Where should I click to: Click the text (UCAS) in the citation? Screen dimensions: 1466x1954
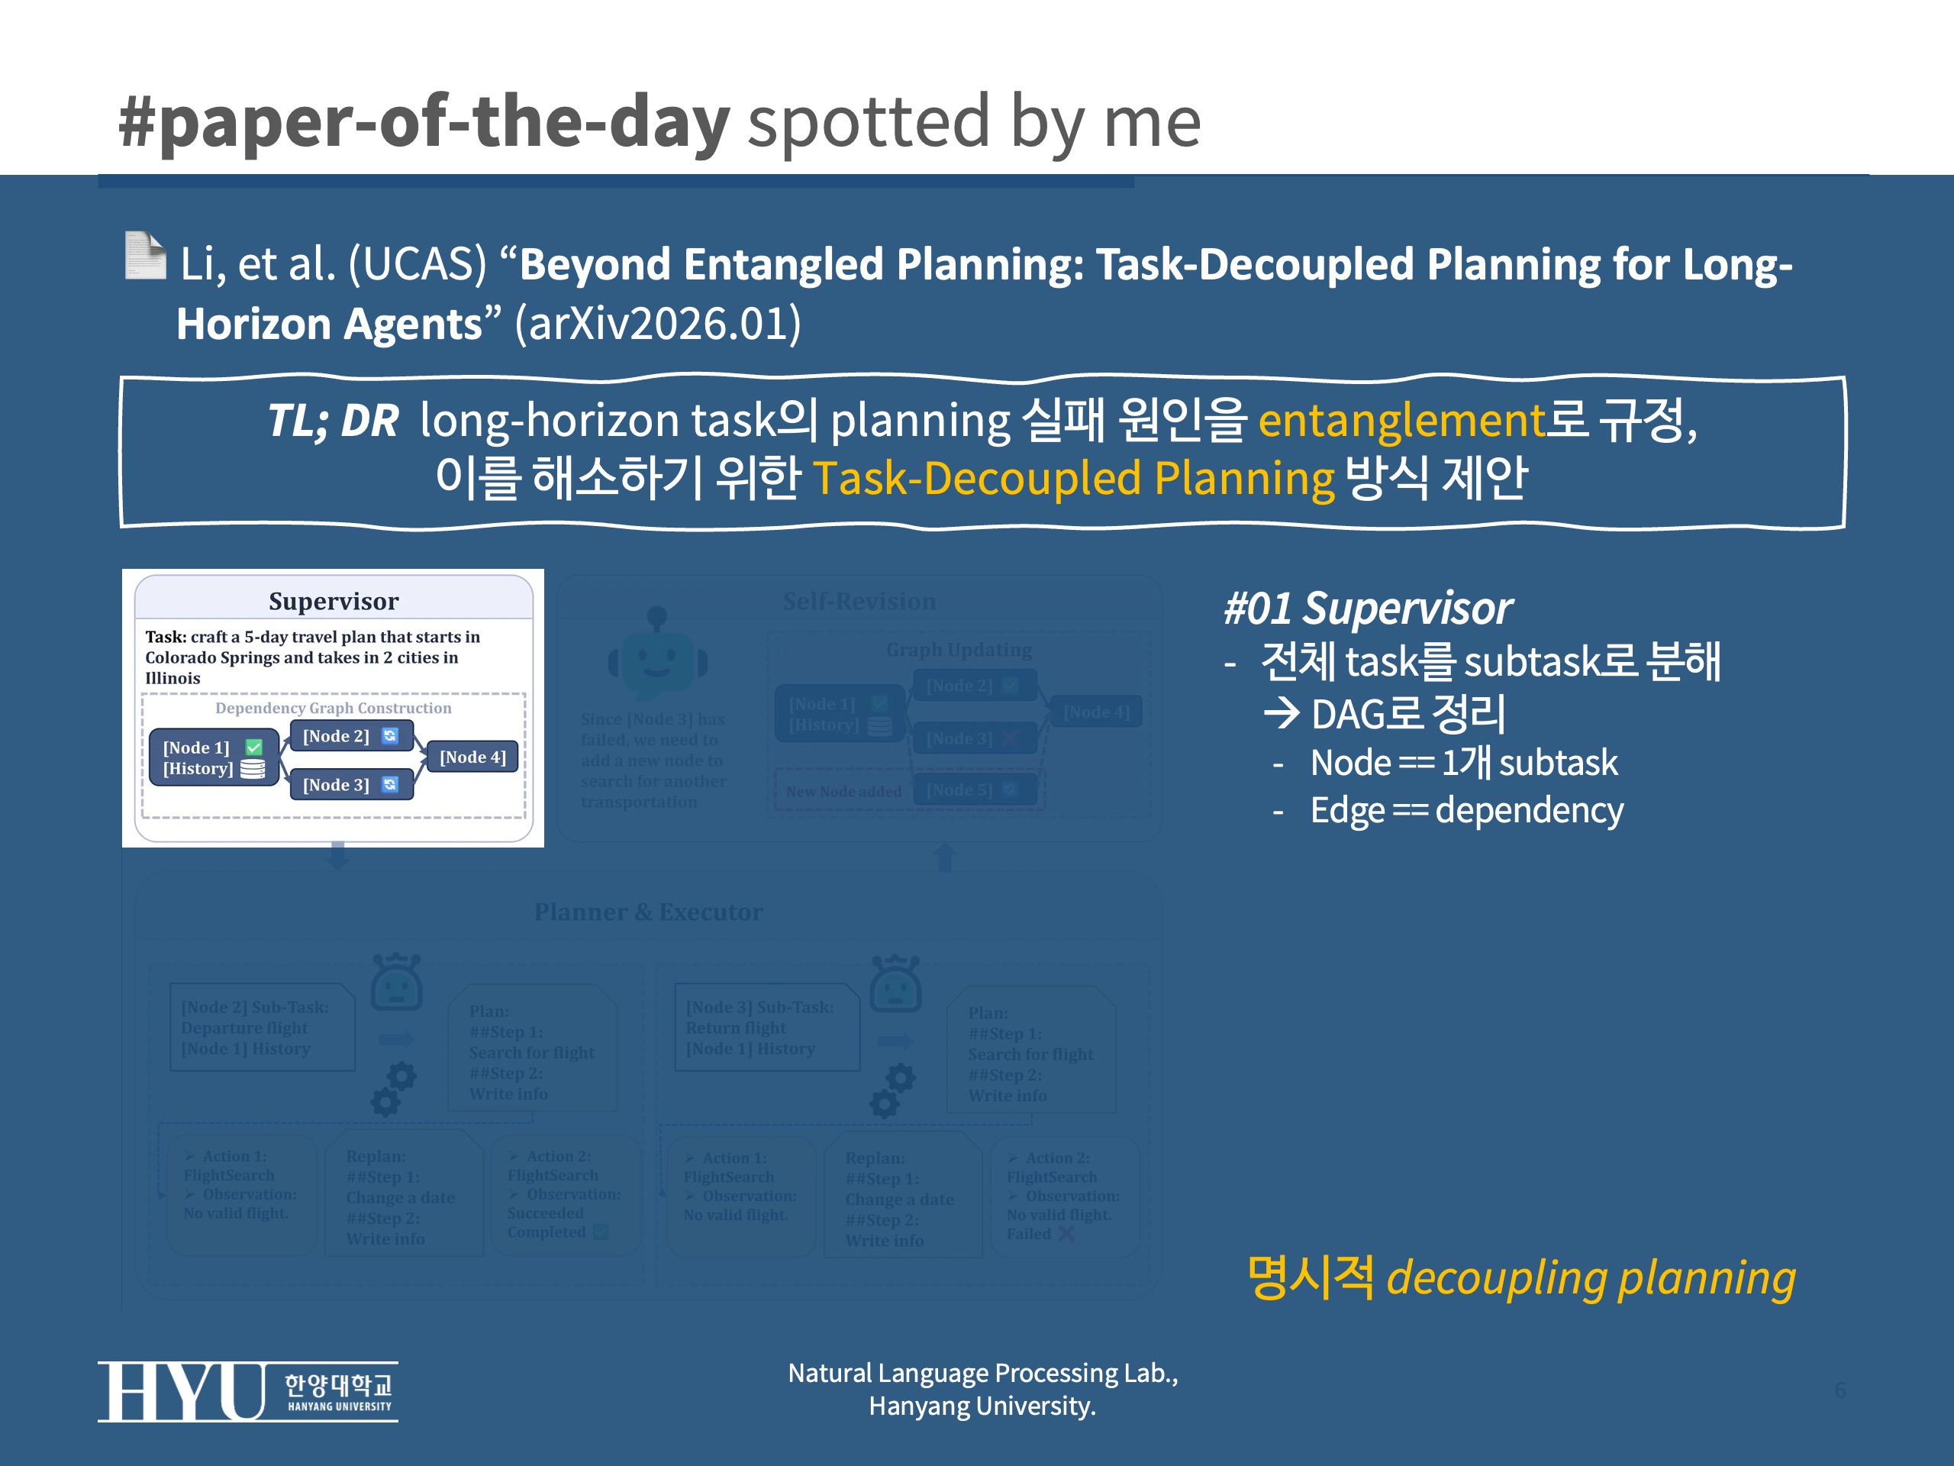point(417,264)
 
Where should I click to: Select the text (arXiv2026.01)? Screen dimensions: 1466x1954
point(658,324)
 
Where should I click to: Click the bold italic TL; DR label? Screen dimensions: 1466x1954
point(333,421)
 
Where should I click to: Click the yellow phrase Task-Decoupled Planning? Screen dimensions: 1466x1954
point(1073,479)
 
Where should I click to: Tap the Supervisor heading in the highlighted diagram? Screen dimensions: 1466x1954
point(333,601)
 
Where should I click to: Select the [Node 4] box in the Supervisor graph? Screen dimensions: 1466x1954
point(472,757)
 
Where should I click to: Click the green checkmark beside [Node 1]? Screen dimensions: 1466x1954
point(253,747)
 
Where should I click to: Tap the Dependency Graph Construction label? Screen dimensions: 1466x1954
point(333,708)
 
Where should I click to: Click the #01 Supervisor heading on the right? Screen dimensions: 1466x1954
point(1368,608)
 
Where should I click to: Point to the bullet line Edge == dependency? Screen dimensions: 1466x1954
point(1466,810)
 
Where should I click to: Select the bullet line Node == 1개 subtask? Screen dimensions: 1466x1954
point(1464,763)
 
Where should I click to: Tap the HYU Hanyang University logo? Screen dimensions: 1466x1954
point(247,1391)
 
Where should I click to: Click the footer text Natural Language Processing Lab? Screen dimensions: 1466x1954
point(982,1373)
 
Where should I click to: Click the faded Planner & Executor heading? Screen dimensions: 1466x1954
point(648,912)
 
